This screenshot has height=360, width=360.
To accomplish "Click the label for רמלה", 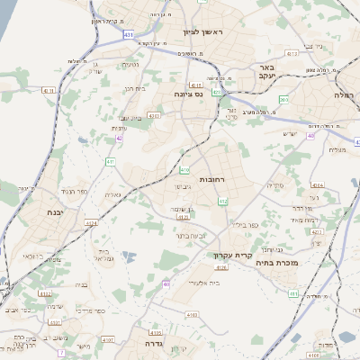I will [346, 94].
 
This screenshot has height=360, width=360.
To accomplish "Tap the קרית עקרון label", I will [229, 256].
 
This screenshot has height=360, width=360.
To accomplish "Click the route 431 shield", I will [130, 34].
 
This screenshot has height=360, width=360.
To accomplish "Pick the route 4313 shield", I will [291, 53].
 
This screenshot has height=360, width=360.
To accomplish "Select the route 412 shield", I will [222, 202].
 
